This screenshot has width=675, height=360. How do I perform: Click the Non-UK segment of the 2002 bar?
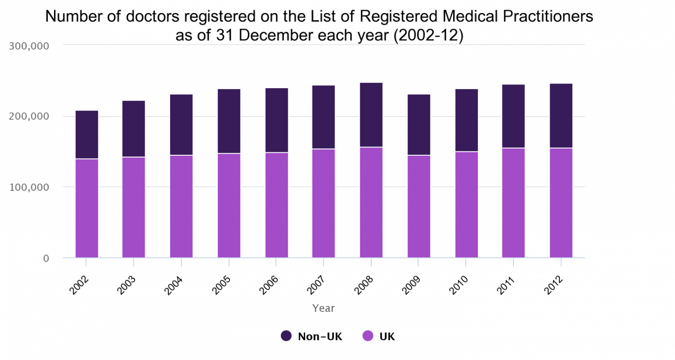pyautogui.click(x=87, y=134)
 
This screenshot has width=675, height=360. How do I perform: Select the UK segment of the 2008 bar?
pyautogui.click(x=371, y=202)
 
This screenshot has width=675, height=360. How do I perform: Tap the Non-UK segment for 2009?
pyautogui.click(x=418, y=125)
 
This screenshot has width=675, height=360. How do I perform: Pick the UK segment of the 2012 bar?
pyautogui.click(x=561, y=203)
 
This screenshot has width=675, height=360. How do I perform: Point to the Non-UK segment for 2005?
pyautogui.click(x=229, y=121)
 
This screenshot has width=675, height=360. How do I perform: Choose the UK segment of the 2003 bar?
pyautogui.click(x=134, y=207)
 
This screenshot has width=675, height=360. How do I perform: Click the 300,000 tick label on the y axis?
pyautogui.click(x=29, y=46)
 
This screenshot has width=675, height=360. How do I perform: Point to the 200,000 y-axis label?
pyautogui.click(x=29, y=117)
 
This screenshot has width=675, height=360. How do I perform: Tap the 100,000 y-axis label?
pyautogui.click(x=29, y=187)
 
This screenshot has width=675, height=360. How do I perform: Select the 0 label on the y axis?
pyautogui.click(x=46, y=258)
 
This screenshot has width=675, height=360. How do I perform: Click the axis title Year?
pyautogui.click(x=323, y=308)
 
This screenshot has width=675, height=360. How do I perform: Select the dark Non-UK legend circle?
pyautogui.click(x=286, y=336)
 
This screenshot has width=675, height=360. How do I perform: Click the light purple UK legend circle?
pyautogui.click(x=368, y=336)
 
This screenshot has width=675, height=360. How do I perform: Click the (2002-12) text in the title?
pyautogui.click(x=428, y=36)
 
